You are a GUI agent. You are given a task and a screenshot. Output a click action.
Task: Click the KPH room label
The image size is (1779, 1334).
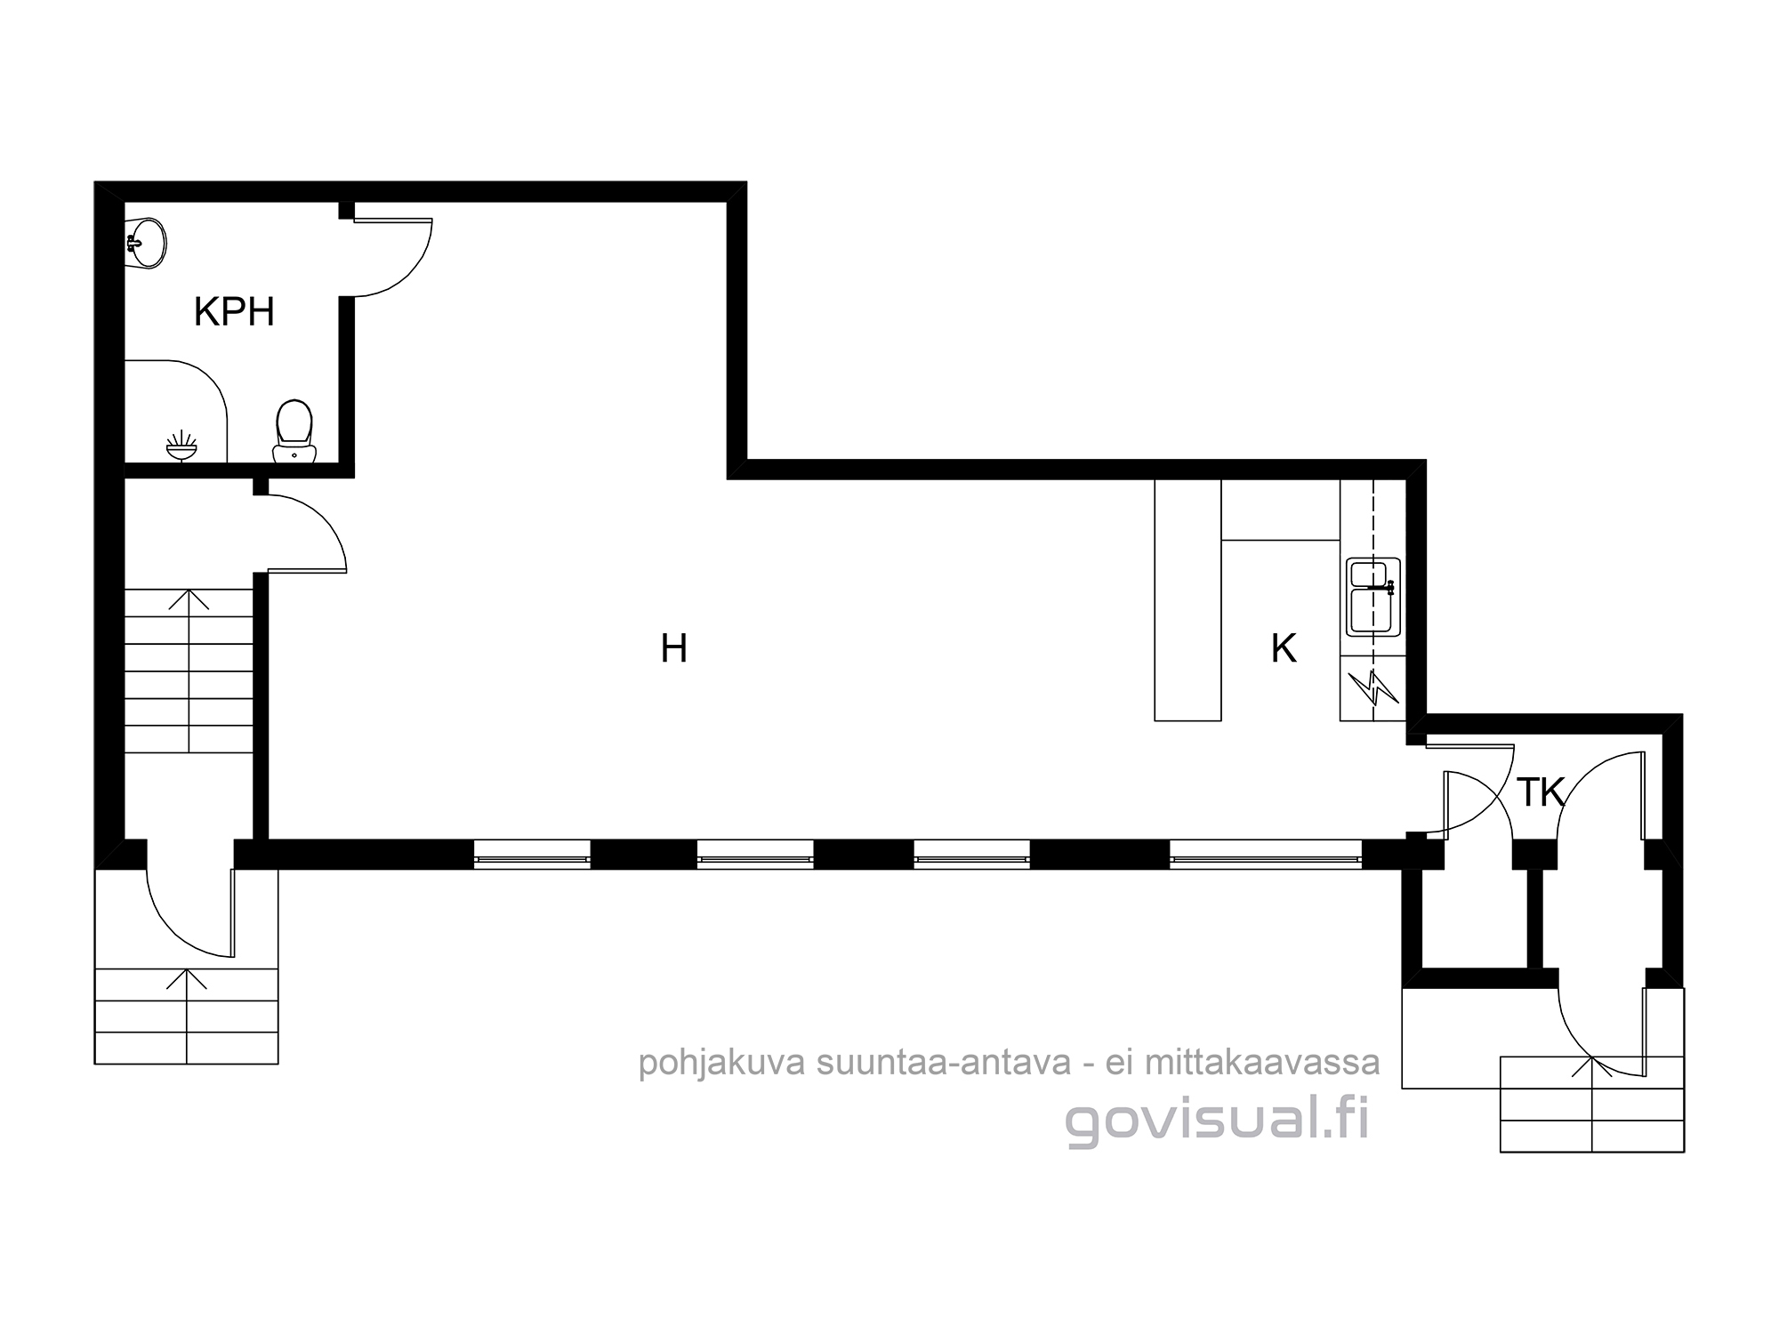[x=234, y=312]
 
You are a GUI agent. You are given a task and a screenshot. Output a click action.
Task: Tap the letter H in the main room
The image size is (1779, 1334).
[x=673, y=648]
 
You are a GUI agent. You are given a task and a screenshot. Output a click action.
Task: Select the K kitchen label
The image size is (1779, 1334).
[x=1284, y=648]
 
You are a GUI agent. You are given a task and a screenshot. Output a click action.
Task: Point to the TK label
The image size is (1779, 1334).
[x=1541, y=792]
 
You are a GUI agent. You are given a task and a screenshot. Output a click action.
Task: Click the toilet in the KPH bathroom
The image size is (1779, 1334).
[x=294, y=432]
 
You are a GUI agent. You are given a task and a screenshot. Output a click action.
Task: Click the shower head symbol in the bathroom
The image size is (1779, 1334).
[x=181, y=446]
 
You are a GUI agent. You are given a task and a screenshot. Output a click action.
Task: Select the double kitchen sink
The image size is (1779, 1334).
[x=1373, y=597]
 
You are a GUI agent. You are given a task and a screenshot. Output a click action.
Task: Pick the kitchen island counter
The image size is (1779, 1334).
[x=1187, y=599]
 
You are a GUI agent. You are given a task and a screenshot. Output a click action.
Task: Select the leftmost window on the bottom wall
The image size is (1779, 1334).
[x=532, y=855]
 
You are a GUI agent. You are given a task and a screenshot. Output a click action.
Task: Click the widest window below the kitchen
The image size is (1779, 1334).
[x=1265, y=855]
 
